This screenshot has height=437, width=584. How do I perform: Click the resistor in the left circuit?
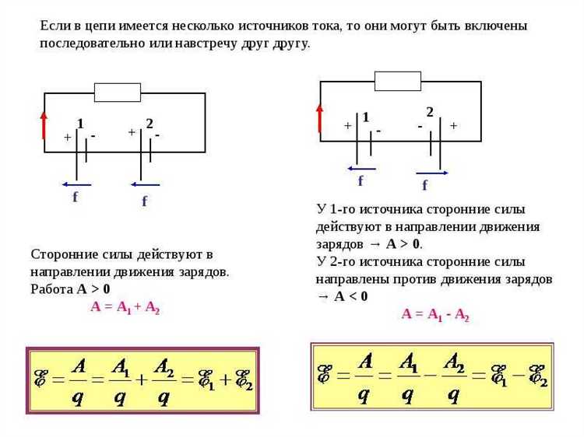coord(118,93)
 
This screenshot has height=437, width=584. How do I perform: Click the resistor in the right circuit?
coord(397,81)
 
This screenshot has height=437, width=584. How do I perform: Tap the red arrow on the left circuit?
coord(44,124)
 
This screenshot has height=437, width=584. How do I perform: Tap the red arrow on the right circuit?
coord(320,118)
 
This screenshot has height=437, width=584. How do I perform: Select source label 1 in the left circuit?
coord(80,124)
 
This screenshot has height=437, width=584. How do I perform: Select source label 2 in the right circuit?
coord(429,112)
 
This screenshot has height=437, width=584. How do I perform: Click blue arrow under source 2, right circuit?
coord(432,173)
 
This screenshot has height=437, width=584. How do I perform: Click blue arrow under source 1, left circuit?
coord(76,184)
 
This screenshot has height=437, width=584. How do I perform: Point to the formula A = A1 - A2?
coord(435,315)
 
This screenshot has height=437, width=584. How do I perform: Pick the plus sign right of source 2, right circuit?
coord(453,125)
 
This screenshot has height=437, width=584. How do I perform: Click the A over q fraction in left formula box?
coord(78,380)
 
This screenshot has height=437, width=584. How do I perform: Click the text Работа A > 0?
coord(70,288)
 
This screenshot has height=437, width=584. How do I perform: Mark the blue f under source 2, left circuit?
coord(144,201)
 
